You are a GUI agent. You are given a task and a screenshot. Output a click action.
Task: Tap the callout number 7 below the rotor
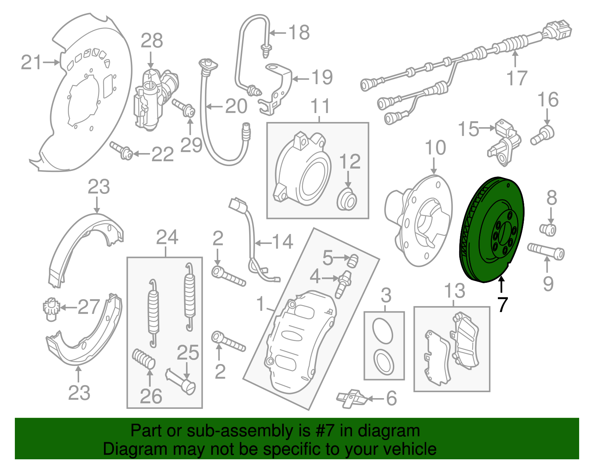(x=502, y=304)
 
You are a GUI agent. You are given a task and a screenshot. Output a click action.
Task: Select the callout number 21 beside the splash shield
(x=31, y=63)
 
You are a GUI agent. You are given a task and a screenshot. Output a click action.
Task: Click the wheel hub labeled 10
(x=418, y=221)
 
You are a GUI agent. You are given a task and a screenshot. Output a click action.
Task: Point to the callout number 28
(x=152, y=41)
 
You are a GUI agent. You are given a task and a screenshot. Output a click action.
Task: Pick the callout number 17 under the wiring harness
(x=517, y=78)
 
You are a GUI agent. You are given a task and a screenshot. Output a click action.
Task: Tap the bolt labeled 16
(x=542, y=135)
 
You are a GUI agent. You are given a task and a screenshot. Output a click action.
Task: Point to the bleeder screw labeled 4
(x=343, y=284)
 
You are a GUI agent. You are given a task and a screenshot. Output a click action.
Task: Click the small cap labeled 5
(x=352, y=261)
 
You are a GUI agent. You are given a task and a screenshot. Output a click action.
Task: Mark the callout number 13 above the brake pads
(x=454, y=290)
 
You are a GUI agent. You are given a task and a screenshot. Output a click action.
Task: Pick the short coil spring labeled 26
(x=144, y=358)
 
